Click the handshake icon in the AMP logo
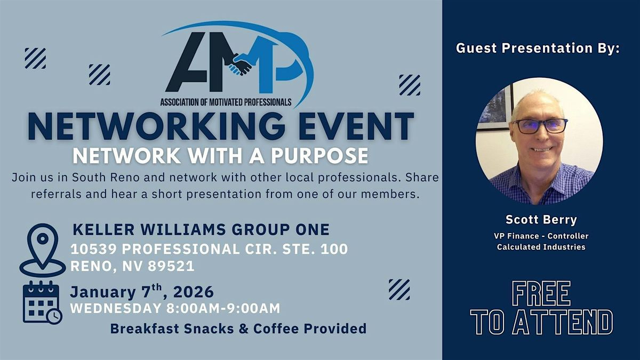241,63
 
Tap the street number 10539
97,249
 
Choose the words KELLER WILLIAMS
141,230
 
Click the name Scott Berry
541,220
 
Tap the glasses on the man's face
539,125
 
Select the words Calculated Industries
541,247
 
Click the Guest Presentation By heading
538,48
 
